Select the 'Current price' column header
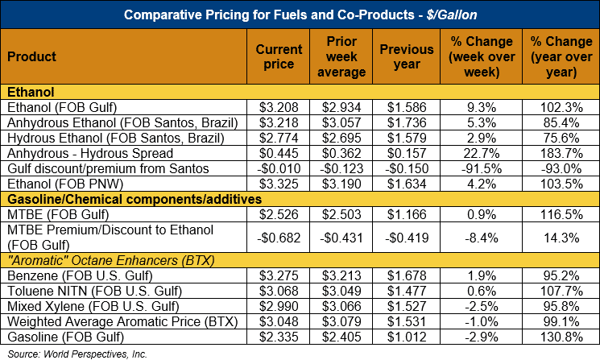[x=279, y=56]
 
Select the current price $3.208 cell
[x=279, y=107]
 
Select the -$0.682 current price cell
[x=279, y=238]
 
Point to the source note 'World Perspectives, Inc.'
[x=89, y=353]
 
